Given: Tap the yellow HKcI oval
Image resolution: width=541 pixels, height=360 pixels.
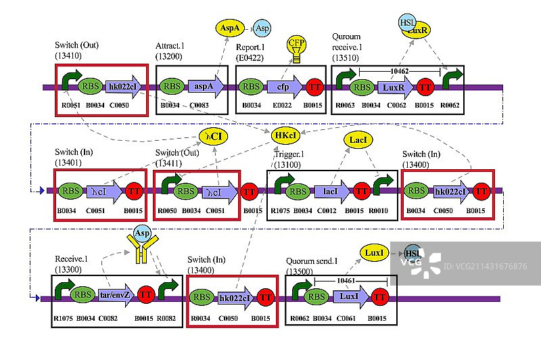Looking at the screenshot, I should [x=285, y=135].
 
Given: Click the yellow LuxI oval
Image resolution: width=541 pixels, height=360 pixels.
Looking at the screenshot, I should [x=373, y=252].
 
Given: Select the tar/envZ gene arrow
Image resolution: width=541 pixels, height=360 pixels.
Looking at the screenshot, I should [x=116, y=295].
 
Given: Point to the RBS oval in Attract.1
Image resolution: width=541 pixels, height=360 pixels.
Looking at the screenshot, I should [x=171, y=86].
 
